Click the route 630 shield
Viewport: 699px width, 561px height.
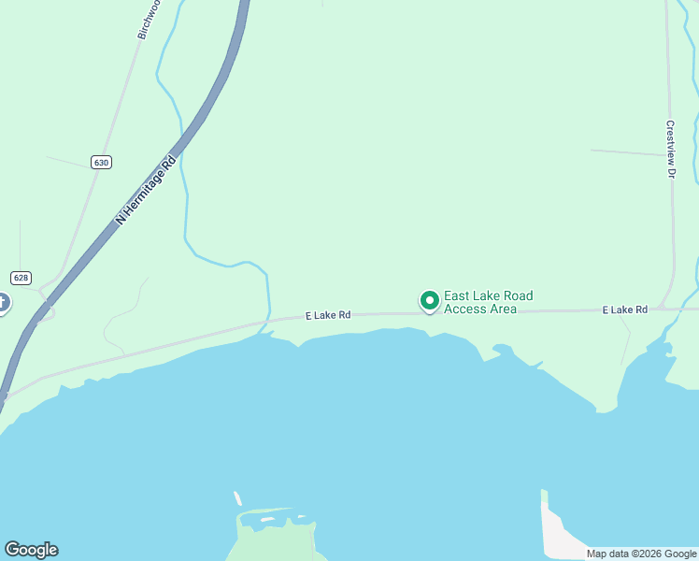[x=102, y=162]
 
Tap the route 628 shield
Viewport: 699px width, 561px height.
[x=21, y=278]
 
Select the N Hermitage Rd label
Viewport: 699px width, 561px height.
[x=146, y=190]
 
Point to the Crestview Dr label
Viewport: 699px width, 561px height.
[x=670, y=149]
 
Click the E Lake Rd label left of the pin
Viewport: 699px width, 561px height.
[x=328, y=316]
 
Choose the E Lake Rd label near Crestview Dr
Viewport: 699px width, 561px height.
[x=624, y=309]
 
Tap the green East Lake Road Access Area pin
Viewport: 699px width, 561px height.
[x=430, y=301]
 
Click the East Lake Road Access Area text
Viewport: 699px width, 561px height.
[x=488, y=302]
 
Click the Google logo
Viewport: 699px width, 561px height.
[x=31, y=550]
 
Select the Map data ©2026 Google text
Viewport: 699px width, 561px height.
[x=641, y=554]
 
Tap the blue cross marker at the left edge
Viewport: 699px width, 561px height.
[x=2, y=303]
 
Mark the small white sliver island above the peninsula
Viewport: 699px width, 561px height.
[x=237, y=498]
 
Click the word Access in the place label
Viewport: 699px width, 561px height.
[x=464, y=309]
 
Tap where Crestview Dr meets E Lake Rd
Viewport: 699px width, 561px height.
[x=662, y=307]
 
